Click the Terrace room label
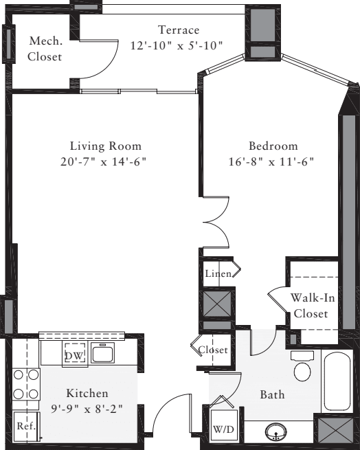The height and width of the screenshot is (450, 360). (x=179, y=30)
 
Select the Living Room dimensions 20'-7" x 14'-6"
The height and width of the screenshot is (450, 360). (x=105, y=161)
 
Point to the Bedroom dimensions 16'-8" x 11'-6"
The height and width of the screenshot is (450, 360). (x=273, y=161)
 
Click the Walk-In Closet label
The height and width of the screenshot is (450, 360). (x=313, y=306)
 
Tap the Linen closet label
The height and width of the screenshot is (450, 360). (x=218, y=274)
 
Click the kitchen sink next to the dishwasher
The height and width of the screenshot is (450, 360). (x=103, y=354)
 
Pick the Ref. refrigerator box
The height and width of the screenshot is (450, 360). (x=26, y=426)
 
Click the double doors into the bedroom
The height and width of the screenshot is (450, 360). (x=215, y=222)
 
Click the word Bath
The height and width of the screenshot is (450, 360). (x=272, y=395)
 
